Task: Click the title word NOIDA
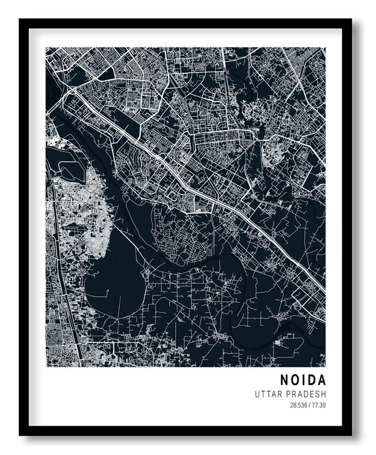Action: (303, 380)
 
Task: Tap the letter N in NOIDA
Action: (284, 380)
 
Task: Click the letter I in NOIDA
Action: (304, 380)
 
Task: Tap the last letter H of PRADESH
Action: (324, 394)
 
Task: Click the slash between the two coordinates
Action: (310, 405)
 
